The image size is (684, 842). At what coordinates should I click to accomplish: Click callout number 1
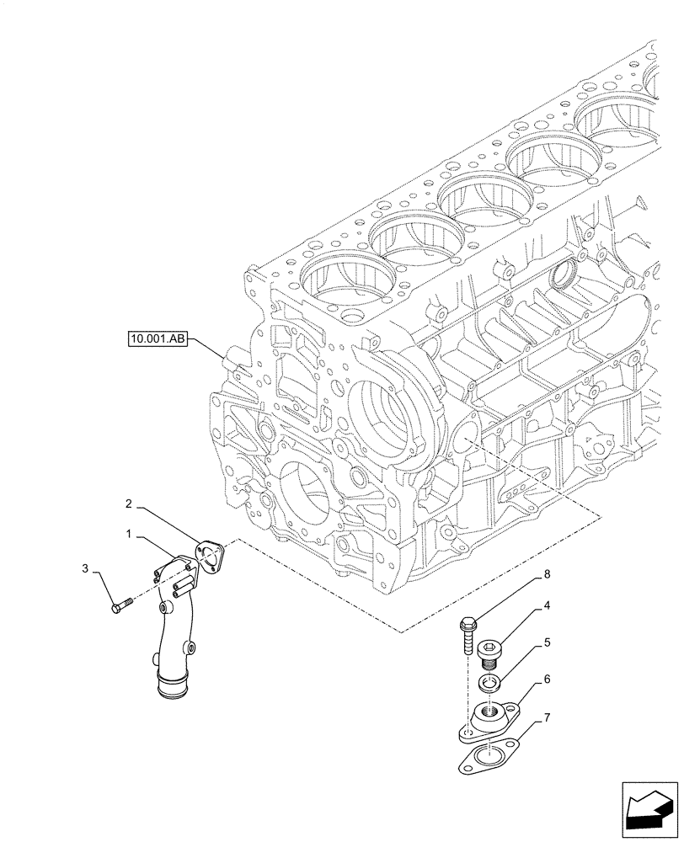129,535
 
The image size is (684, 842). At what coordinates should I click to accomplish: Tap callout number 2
129,504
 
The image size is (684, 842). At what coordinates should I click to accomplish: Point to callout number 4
548,605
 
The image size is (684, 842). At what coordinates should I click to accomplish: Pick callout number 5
548,642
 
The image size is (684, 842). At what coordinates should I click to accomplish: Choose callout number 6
548,679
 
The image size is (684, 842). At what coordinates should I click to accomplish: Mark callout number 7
548,717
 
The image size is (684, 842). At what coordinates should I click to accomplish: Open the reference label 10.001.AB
158,340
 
